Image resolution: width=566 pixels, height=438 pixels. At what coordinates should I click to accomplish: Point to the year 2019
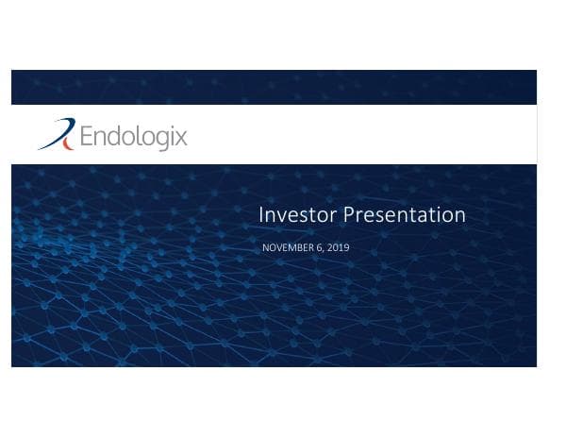(338, 247)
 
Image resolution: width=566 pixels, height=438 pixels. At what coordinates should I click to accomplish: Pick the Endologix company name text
(133, 138)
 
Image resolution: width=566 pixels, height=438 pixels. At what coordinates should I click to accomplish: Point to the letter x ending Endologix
(181, 139)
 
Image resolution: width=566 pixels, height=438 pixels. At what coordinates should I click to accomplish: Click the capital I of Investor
(261, 215)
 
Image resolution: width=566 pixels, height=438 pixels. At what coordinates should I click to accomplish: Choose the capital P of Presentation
(348, 215)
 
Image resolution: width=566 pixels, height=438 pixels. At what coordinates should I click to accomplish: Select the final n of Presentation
(459, 216)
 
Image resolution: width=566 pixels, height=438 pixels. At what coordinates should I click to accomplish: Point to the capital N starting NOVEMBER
(265, 247)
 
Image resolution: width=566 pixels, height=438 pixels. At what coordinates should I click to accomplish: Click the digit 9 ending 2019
(346, 247)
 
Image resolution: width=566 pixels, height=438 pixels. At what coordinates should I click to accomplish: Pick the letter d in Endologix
(114, 138)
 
